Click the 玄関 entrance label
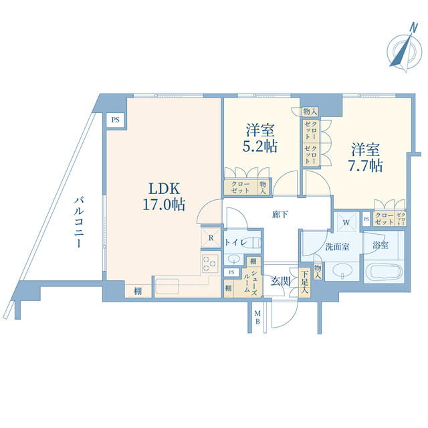(280, 281)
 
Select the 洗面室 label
(337, 247)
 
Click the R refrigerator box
(210, 237)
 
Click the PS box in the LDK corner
(116, 120)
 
